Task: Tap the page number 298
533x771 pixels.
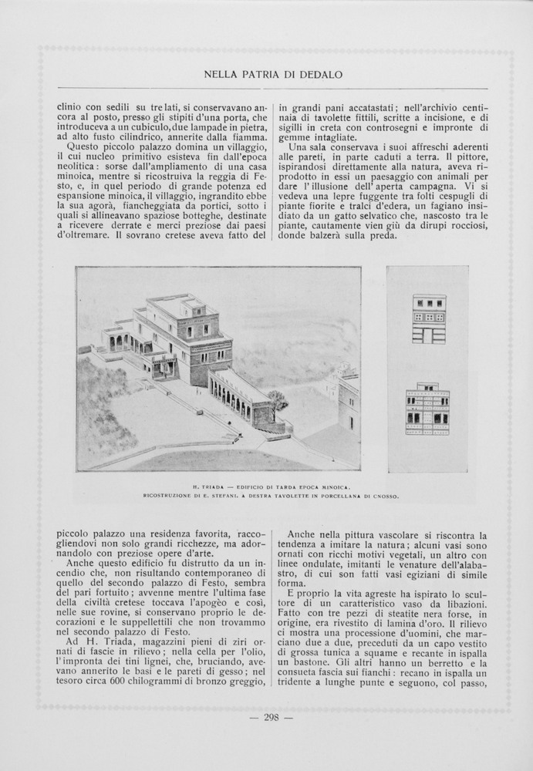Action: (271, 717)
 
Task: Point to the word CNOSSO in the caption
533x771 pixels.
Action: (383, 497)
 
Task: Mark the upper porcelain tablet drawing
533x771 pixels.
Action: (428, 318)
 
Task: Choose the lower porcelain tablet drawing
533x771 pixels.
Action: (427, 409)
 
